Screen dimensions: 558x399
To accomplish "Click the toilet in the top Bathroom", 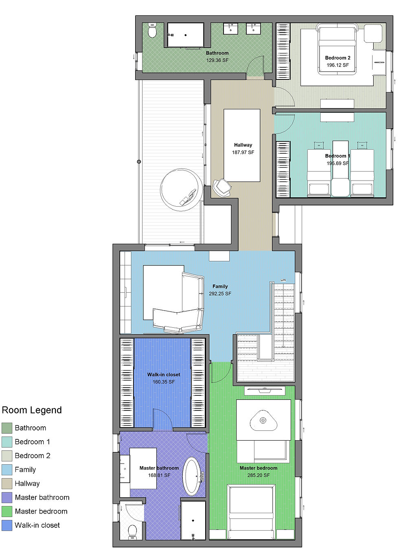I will click(x=152, y=31).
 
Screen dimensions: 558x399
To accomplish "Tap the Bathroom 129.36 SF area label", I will click(x=217, y=60).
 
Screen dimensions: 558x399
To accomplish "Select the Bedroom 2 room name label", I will click(x=338, y=58).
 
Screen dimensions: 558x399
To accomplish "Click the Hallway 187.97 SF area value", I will click(x=243, y=152).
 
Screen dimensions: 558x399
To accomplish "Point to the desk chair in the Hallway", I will click(x=222, y=187).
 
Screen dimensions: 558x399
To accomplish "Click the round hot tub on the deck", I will click(x=181, y=190).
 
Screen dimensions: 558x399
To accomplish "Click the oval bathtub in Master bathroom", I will click(x=191, y=476).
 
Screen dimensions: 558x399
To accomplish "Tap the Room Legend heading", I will click(x=32, y=410).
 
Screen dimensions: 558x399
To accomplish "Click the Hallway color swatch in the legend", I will click(x=7, y=484).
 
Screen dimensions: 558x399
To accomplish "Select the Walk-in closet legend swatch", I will click(x=7, y=525).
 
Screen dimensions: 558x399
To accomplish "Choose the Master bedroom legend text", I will click(x=41, y=511).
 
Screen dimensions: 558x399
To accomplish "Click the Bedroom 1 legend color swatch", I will click(x=7, y=442).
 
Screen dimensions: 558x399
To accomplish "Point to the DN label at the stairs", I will click(x=283, y=280).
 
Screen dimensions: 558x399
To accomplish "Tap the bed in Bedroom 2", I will click(x=337, y=50).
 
